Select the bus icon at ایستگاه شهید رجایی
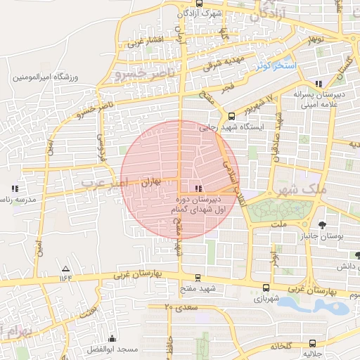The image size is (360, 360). pyautogui.click(x=231, y=117)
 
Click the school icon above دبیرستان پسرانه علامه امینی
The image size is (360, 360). pyautogui.click(x=320, y=83)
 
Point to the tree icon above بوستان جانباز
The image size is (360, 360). pyautogui.click(x=322, y=225)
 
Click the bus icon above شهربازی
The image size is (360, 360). pyautogui.click(x=265, y=287)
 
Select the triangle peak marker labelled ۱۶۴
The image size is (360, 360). pyautogui.click(x=66, y=269)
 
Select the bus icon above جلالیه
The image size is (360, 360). pyautogui.click(x=311, y=345)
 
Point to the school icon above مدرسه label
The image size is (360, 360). pyautogui.click(x=15, y=188)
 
